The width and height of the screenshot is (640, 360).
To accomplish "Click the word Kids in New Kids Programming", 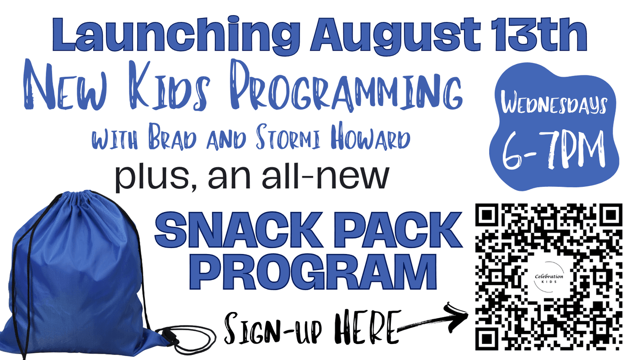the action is (170, 85).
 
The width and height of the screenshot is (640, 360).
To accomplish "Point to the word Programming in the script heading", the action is (347, 85).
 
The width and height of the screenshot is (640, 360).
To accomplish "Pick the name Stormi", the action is (289, 137).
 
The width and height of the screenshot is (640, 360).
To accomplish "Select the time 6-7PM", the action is (554, 150).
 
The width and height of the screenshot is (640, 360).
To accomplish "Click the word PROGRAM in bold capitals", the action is (317, 272).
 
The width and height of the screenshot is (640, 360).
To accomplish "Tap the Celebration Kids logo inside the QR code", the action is (549, 277).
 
